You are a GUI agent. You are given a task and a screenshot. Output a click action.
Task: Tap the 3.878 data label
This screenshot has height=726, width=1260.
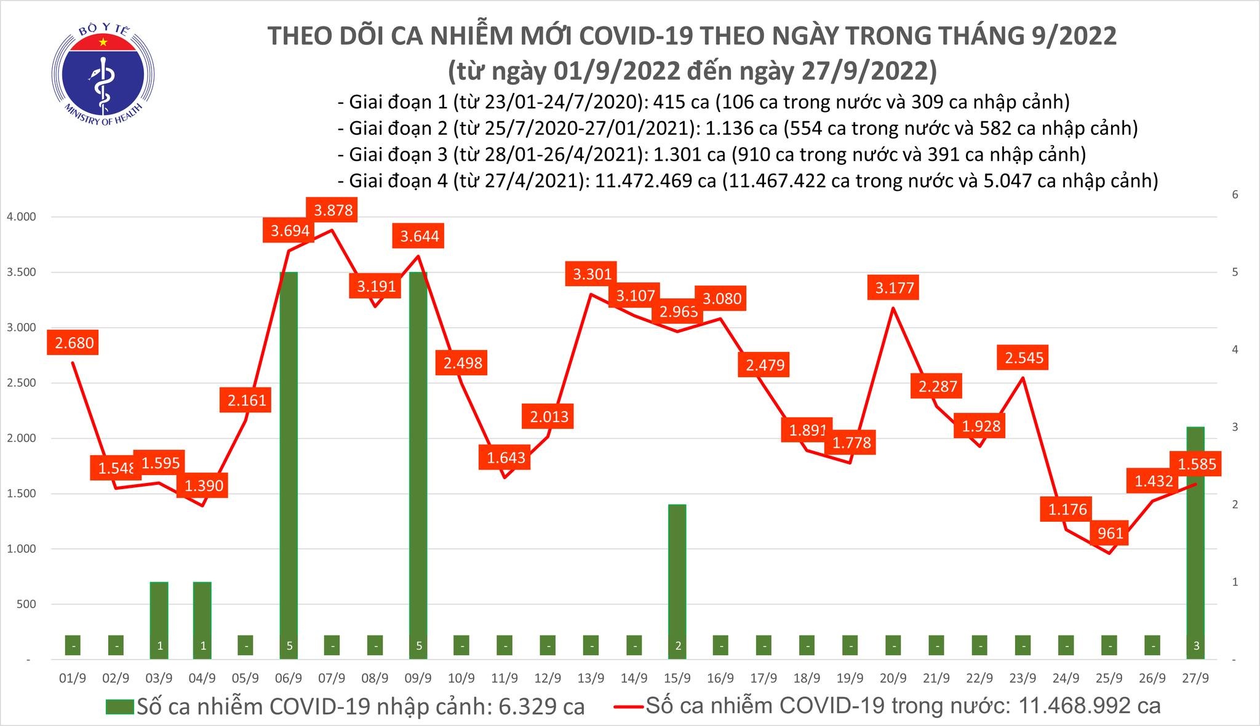pyautogui.click(x=333, y=210)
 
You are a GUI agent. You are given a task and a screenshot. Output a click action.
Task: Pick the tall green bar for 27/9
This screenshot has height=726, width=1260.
pyautogui.click(x=1195, y=541)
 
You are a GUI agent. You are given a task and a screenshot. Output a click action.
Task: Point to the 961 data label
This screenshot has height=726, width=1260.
pyautogui.click(x=1110, y=533)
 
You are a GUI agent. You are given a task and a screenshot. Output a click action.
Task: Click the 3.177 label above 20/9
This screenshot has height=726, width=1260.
pyautogui.click(x=894, y=287)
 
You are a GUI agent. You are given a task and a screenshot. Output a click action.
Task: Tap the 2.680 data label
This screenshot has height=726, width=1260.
pyautogui.click(x=74, y=342)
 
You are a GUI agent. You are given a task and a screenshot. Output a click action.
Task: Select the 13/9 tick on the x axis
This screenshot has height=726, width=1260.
pyautogui.click(x=591, y=678)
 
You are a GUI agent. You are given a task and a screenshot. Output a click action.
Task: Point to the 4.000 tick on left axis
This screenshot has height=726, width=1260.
pyautogui.click(x=21, y=217)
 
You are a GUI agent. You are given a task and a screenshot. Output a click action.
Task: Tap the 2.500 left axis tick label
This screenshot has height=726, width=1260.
pyautogui.click(x=21, y=383)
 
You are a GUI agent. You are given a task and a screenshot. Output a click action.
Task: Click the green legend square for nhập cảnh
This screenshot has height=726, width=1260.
pyautogui.click(x=119, y=706)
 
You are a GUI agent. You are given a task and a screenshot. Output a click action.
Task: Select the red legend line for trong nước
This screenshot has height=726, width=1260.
pyautogui.click(x=629, y=706)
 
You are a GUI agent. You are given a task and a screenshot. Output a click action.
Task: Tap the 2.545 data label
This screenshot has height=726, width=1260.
pyautogui.click(x=1024, y=357)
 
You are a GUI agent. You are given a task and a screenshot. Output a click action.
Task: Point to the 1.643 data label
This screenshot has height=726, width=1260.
pyautogui.click(x=506, y=457)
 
